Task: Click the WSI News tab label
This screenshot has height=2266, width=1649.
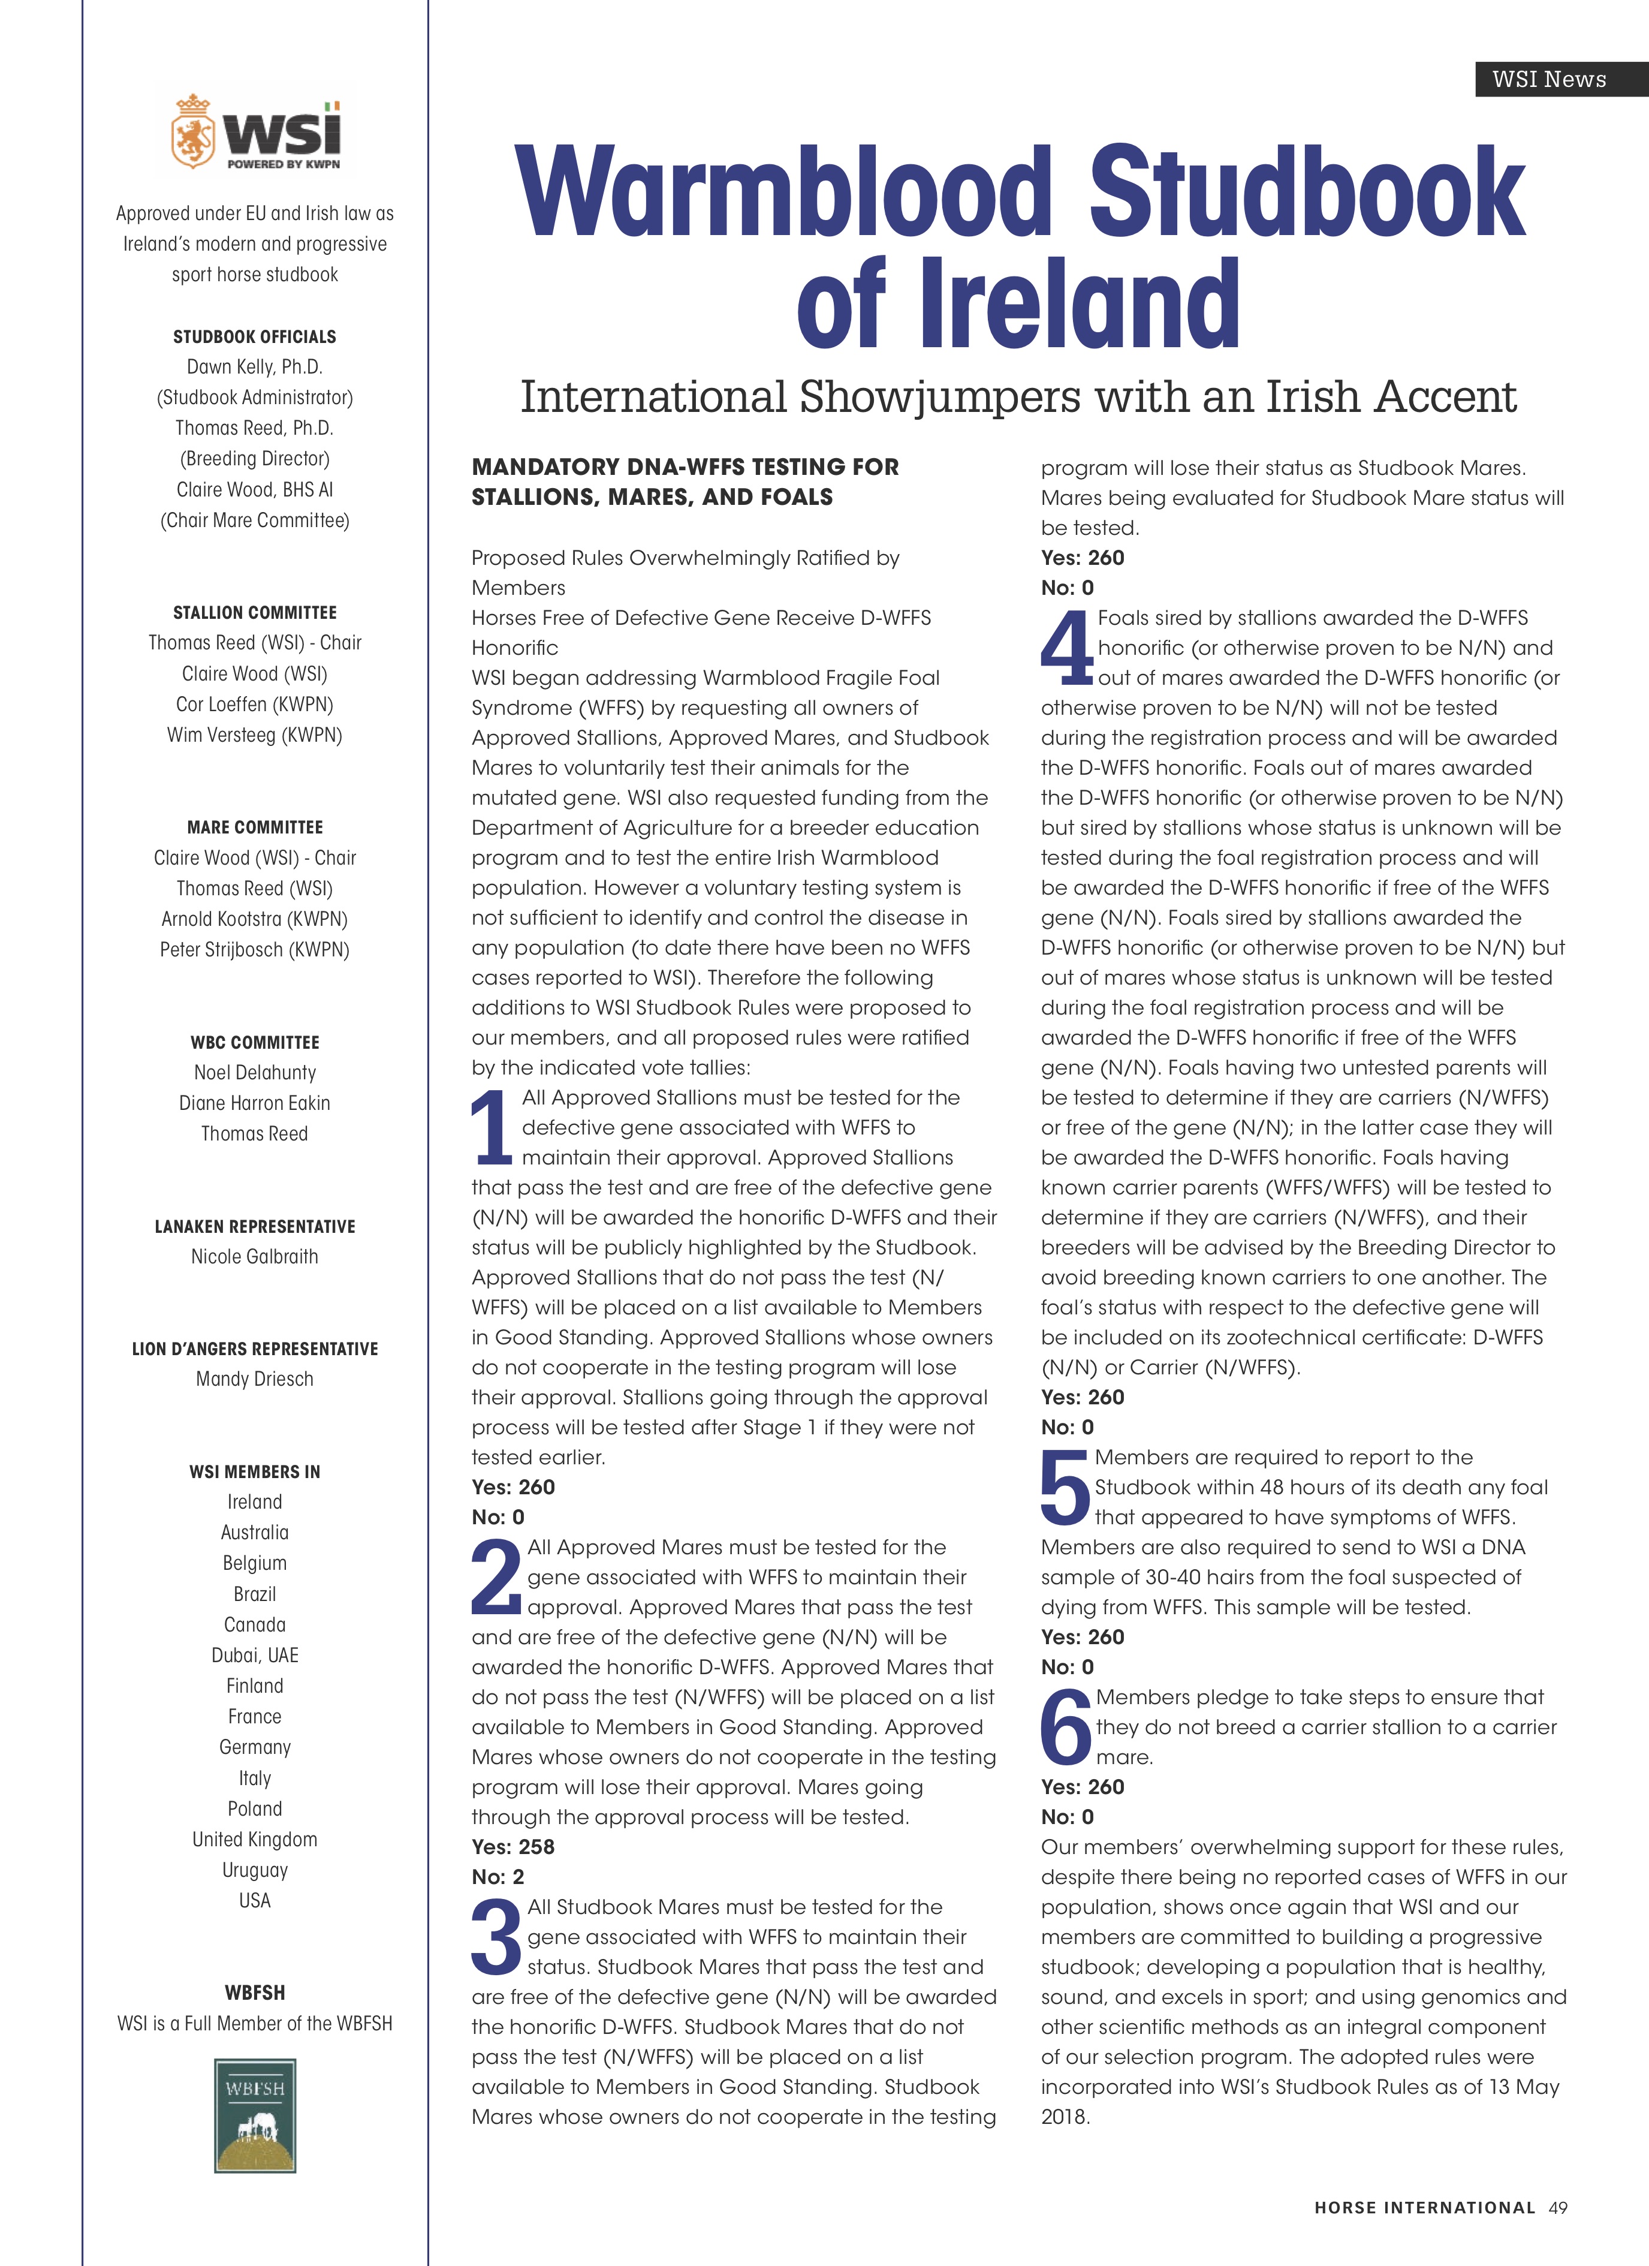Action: pos(1548,79)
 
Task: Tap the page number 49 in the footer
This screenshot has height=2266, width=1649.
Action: pos(1558,2208)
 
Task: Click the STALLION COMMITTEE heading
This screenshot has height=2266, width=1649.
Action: pos(255,612)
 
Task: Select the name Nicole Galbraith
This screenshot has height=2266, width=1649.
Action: pos(255,1257)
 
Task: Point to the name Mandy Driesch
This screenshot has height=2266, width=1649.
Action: pos(255,1379)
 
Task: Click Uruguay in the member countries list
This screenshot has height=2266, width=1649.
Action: pos(255,1870)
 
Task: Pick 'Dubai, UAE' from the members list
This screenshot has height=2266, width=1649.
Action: pos(255,1656)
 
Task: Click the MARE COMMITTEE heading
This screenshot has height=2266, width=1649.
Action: pos(255,827)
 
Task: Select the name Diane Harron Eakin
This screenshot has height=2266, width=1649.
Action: pos(255,1103)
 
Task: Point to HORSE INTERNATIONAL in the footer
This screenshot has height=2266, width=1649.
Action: pos(1424,2208)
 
